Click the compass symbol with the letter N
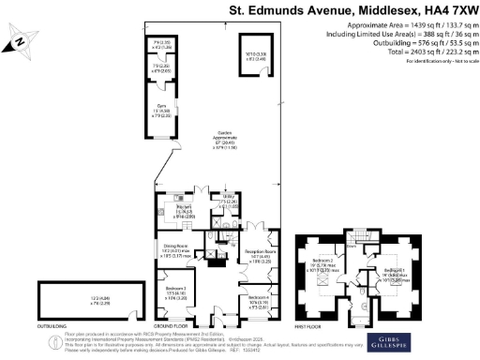point(20,41)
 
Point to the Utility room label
point(226,200)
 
